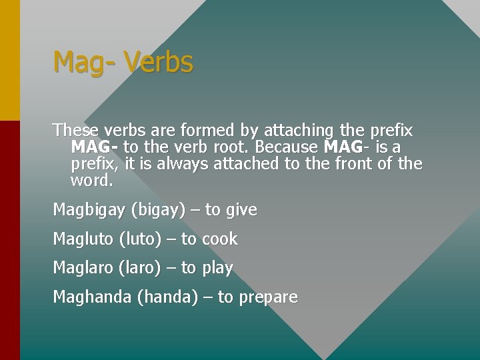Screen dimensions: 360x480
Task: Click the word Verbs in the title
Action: [158, 63]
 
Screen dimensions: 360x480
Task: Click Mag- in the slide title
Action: [84, 63]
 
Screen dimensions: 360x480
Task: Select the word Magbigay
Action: [89, 210]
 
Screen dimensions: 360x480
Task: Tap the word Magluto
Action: [83, 239]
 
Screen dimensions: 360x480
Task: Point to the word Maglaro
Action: [83, 269]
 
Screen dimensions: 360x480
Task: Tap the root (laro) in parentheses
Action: [139, 269]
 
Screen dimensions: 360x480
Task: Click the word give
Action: [241, 210]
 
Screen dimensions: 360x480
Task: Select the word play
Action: [217, 269]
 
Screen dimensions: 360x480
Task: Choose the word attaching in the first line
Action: [299, 130]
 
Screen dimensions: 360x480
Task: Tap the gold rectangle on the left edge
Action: [10, 60]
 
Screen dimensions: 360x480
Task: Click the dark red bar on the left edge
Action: [10, 240]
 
